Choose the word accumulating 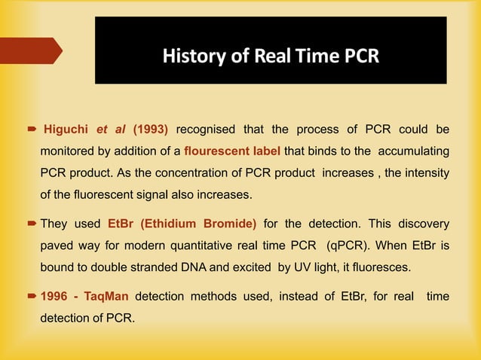coord(414,150)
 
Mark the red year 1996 coord(54,297)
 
